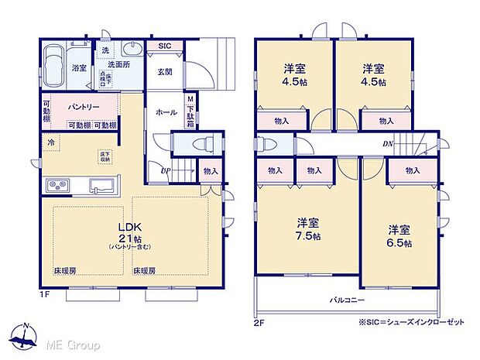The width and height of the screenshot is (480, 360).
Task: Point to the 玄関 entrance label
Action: click(165, 72)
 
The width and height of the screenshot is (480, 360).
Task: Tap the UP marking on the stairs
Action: click(166, 170)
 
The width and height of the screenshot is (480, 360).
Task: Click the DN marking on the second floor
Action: click(386, 144)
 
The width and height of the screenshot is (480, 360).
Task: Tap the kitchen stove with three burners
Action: click(58, 185)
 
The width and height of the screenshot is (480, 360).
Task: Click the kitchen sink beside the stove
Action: click(102, 186)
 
